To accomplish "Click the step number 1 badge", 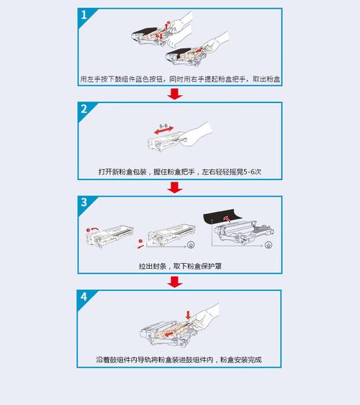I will click(85, 16).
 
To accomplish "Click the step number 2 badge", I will click(85, 110).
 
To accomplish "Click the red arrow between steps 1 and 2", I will click(174, 94).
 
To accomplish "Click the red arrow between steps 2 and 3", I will click(174, 187).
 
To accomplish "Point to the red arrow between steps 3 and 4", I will click(174, 281).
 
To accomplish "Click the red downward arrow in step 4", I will click(189, 314).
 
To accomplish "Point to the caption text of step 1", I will click(179, 79).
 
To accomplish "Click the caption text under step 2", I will click(179, 172).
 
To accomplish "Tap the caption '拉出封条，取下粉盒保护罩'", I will click(179, 265).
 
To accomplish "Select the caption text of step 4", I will click(179, 359).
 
